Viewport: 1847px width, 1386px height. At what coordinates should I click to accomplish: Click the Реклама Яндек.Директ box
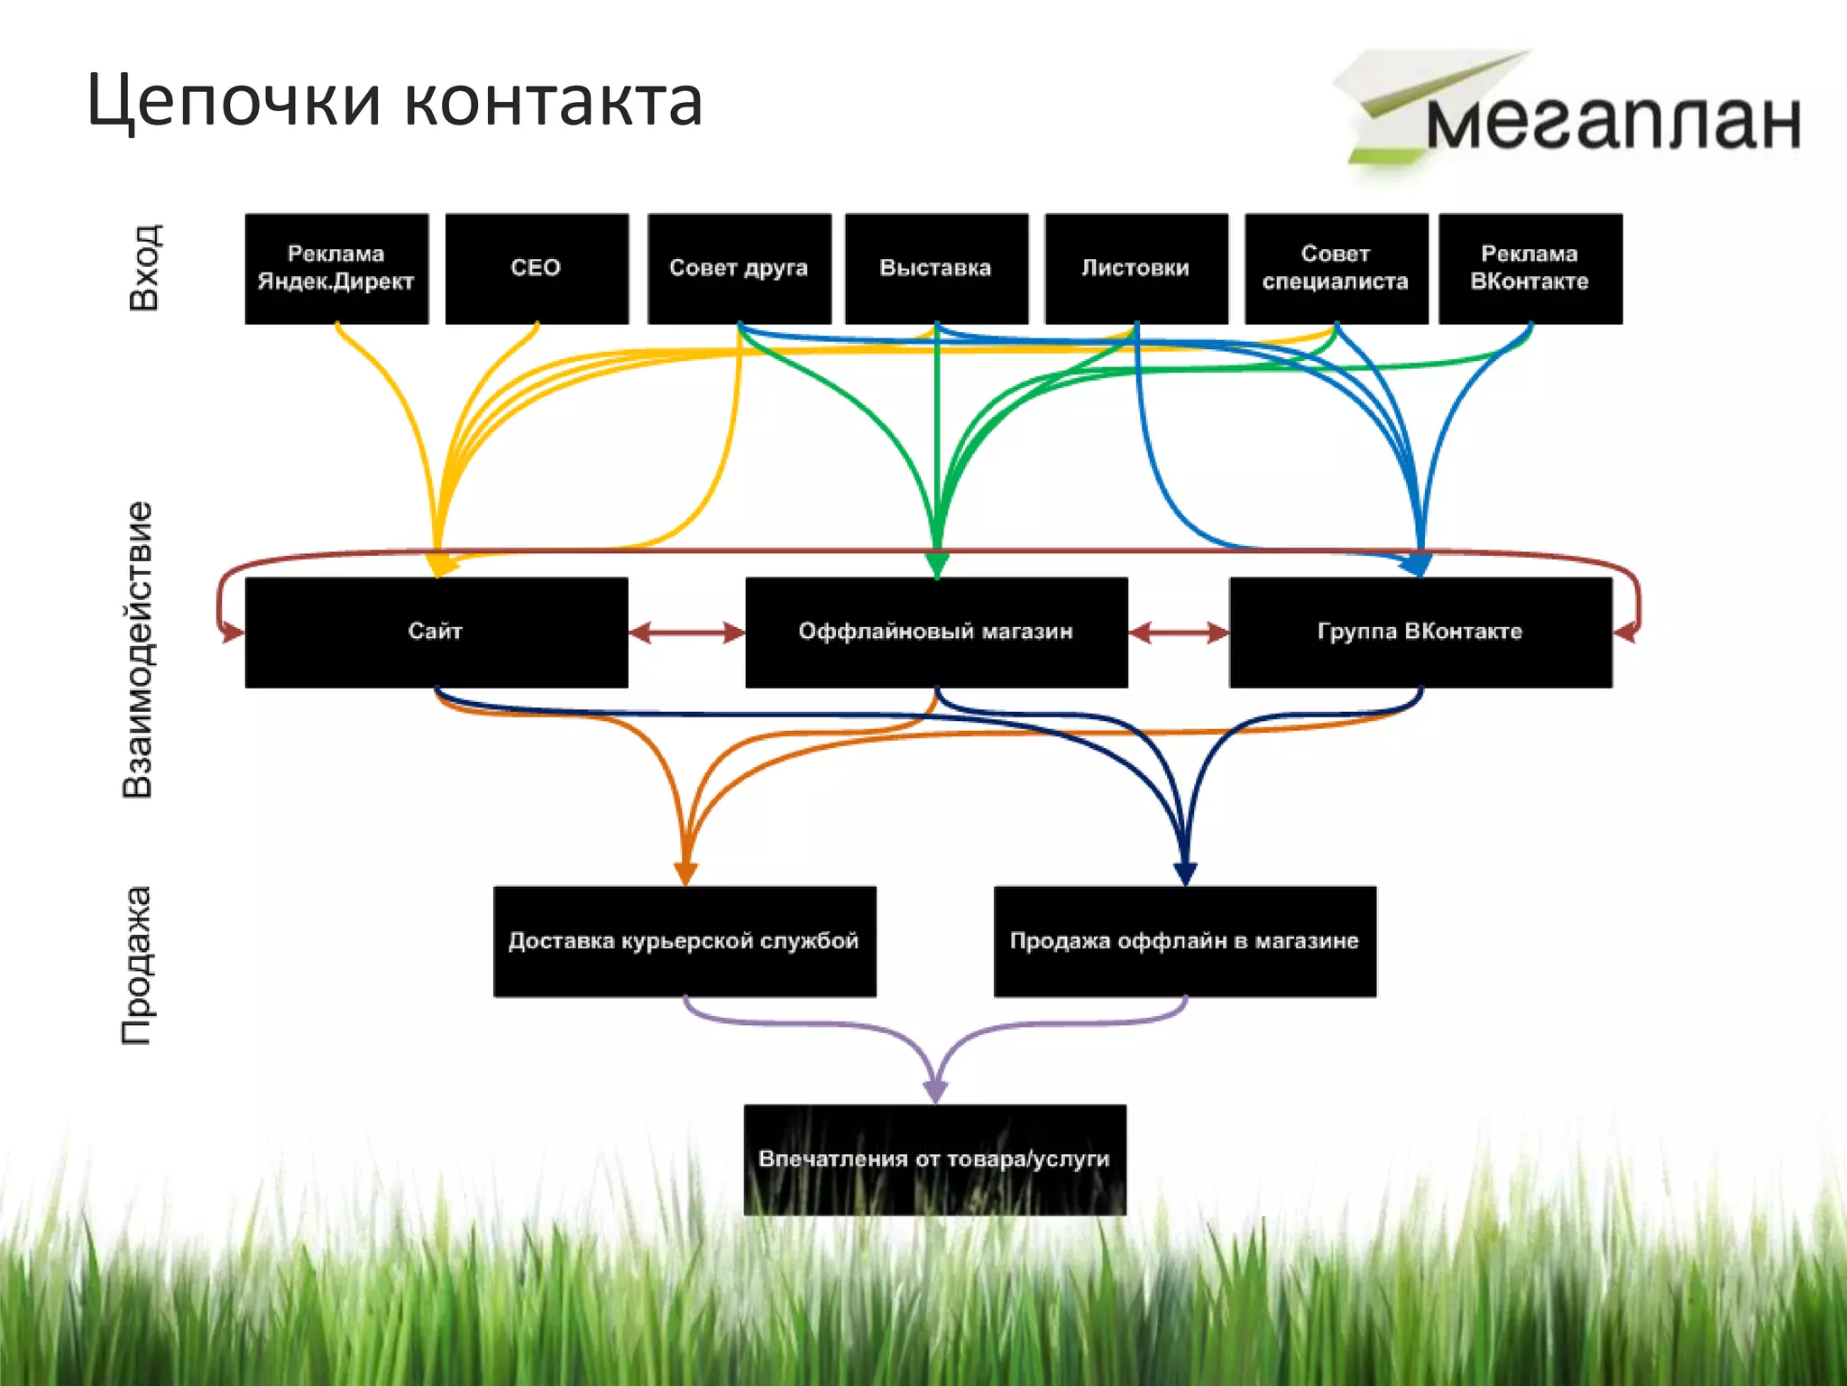(x=336, y=268)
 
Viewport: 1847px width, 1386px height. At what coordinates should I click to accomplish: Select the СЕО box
(x=537, y=268)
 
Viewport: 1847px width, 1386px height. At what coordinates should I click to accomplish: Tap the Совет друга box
(x=739, y=268)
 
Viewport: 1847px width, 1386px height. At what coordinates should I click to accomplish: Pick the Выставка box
(x=936, y=268)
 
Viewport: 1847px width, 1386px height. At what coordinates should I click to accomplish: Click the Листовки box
(x=1136, y=268)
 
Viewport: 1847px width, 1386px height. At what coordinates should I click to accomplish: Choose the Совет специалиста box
(x=1336, y=268)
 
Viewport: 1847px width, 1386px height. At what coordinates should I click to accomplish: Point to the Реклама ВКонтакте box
(x=1530, y=268)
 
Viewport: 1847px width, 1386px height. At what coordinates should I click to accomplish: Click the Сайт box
(x=436, y=632)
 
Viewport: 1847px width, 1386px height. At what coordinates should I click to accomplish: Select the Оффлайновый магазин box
(x=936, y=632)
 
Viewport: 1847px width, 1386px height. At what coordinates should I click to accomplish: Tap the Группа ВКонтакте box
(x=1420, y=632)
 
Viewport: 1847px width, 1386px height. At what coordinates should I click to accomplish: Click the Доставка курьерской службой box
(x=685, y=941)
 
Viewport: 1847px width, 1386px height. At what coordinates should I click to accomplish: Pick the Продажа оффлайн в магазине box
(x=1184, y=941)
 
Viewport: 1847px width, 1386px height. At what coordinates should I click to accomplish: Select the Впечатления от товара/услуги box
(x=934, y=1160)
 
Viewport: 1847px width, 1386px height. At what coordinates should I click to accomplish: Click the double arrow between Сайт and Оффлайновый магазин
(x=686, y=633)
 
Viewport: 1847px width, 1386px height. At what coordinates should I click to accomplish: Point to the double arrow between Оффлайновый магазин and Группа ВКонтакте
(x=1178, y=633)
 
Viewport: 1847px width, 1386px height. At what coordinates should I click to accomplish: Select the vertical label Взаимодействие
(x=138, y=650)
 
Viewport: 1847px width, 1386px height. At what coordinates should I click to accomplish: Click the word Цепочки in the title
(x=234, y=101)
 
